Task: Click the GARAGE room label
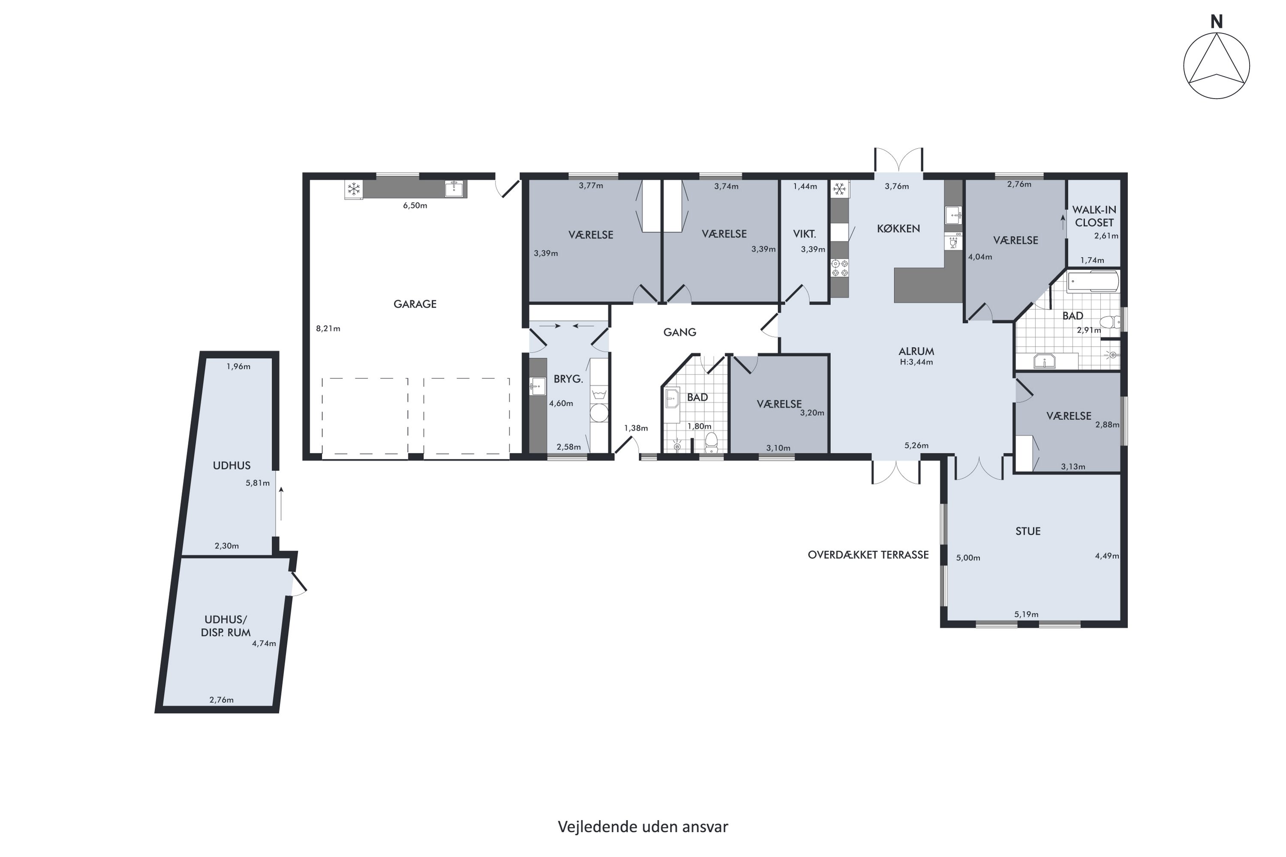click(415, 304)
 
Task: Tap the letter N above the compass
click(1216, 22)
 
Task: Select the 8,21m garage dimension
click(328, 329)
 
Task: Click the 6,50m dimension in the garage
click(415, 206)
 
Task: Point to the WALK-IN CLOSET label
click(1094, 216)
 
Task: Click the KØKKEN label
click(898, 228)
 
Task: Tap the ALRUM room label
click(916, 351)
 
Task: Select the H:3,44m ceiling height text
click(916, 362)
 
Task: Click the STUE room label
click(1028, 531)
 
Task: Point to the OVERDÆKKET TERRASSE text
click(868, 555)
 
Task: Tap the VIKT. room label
click(804, 234)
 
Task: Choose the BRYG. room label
click(568, 379)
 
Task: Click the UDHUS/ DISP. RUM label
click(226, 626)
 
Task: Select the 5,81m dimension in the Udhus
click(258, 483)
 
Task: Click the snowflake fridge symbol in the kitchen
click(839, 189)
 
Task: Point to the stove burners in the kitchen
click(839, 268)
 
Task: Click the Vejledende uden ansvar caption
click(643, 827)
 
